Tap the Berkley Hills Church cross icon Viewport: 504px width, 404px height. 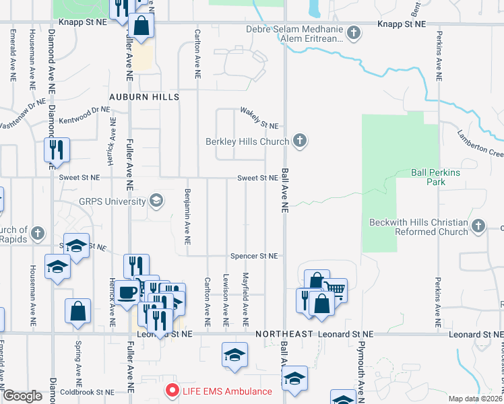301,141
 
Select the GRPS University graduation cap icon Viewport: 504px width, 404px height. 156,201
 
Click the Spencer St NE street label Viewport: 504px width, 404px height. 254,256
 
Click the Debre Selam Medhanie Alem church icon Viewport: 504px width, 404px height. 352,33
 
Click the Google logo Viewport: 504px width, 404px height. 24,396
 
